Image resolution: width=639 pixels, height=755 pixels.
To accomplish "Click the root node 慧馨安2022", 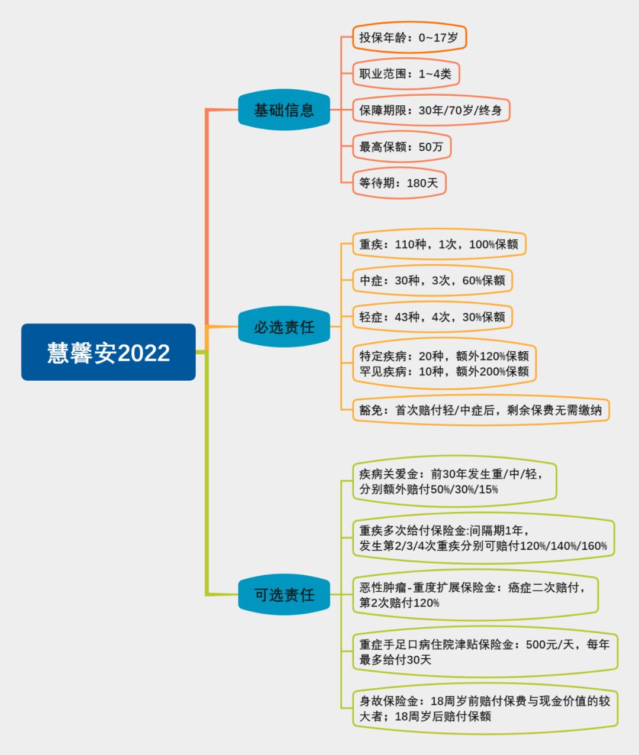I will [108, 352].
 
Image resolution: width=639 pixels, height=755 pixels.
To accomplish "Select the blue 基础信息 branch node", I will [284, 110].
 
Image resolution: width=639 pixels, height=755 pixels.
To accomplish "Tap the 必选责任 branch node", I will [284, 327].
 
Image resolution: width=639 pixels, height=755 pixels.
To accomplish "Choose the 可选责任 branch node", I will [284, 595].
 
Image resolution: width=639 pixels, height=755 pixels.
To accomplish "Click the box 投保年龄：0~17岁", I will [409, 38].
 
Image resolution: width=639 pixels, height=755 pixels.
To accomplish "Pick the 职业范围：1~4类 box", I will [406, 74].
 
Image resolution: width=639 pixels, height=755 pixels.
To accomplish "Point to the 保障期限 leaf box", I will [431, 111].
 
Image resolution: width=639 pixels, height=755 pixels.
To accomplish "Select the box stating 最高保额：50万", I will [402, 147].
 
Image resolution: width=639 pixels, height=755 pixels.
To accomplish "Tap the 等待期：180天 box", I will [399, 183].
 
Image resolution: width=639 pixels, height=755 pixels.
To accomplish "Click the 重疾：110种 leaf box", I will [439, 244].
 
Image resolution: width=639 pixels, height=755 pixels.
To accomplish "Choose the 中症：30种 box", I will [433, 281].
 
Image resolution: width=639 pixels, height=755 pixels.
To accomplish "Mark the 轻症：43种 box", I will [433, 317].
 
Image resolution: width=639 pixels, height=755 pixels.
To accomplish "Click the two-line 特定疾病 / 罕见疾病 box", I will [444, 364].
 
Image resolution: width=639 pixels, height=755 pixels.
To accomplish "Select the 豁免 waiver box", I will [480, 410].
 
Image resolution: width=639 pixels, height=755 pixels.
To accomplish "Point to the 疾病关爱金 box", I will [454, 482].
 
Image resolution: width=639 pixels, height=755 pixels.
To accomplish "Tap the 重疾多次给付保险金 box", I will [483, 538].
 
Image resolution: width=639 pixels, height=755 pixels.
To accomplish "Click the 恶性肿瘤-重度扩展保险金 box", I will [475, 595].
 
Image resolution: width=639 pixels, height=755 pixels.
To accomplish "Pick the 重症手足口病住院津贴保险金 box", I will [485, 652].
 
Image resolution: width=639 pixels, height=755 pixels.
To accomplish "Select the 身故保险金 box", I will [485, 709].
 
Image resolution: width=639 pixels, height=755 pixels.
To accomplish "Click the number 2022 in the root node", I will [144, 353].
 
